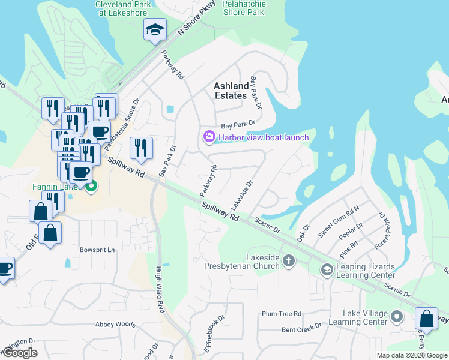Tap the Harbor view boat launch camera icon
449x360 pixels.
point(209,137)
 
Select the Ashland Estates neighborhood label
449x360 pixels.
point(231,91)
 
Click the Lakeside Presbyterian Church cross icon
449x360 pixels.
point(289,260)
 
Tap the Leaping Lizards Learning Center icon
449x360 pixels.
point(327,269)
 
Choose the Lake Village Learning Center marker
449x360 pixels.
point(396,316)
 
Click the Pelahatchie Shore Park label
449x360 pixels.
point(243,8)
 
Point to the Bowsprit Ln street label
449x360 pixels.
point(97,249)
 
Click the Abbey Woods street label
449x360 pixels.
point(115,324)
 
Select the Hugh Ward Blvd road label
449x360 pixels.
point(160,289)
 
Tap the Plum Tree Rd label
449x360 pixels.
point(281,314)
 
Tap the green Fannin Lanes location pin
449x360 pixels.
point(91,187)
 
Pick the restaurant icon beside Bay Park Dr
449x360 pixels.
point(141,148)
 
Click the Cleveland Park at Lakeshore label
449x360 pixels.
point(123,8)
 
